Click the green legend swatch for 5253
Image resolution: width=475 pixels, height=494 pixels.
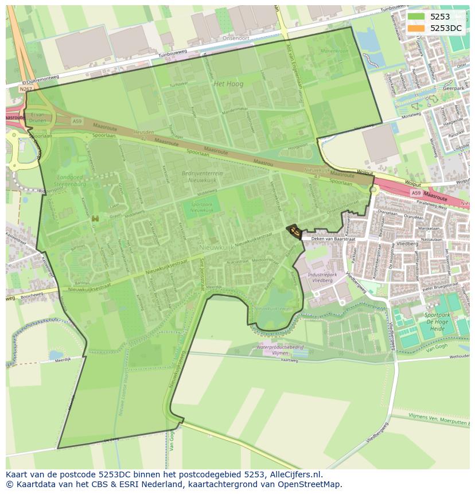pos(417,17)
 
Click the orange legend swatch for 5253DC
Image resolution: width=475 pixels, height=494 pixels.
pos(417,28)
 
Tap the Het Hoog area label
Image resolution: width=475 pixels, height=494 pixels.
pos(228,84)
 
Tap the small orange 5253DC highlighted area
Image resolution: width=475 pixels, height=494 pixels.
pos(294,231)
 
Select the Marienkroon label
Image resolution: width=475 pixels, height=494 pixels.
pos(334,52)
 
